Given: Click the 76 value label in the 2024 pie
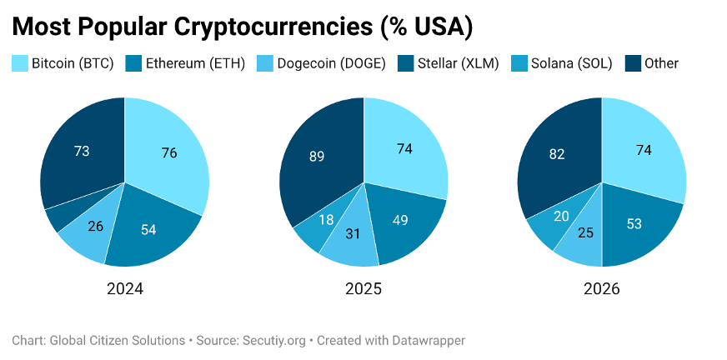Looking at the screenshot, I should click(x=168, y=152).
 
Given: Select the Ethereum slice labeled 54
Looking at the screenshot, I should click(x=148, y=229).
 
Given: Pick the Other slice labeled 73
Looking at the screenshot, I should click(x=82, y=151).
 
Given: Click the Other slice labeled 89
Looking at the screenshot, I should click(x=317, y=156).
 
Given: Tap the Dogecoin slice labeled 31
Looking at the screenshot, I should click(x=353, y=234).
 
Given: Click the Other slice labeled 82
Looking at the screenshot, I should click(x=557, y=155).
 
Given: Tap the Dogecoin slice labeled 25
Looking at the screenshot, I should click(x=587, y=233).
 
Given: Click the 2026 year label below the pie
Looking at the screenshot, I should click(x=601, y=289).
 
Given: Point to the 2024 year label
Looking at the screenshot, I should click(x=125, y=289).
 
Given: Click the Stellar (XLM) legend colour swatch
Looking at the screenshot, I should click(x=405, y=62).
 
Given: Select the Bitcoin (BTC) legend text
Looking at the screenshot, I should click(x=72, y=62).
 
